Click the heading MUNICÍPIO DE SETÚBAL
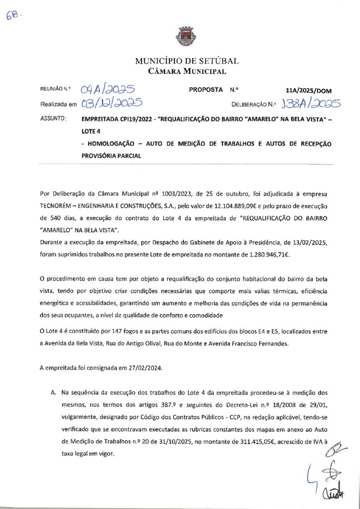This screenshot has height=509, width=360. click(x=187, y=61)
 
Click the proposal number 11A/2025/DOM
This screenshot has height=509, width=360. click(x=309, y=91)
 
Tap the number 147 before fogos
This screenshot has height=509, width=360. click(x=102, y=331)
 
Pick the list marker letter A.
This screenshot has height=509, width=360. click(x=53, y=393)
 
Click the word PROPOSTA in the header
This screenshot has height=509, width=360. click(x=205, y=90)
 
